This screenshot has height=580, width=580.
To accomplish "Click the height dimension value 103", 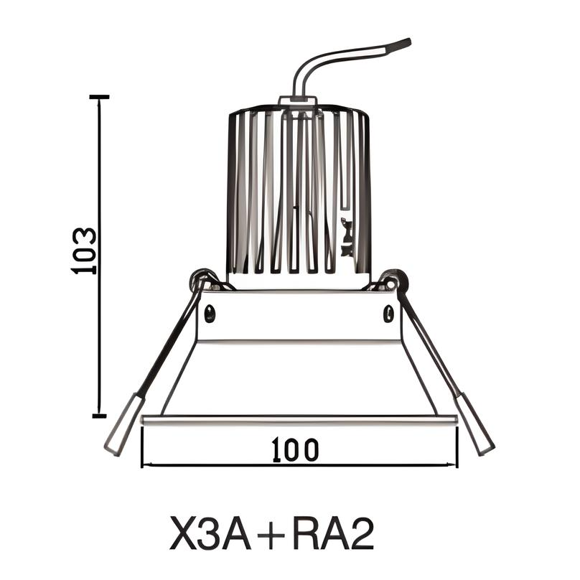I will point(84,251).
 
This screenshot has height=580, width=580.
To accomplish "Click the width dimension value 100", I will point(296,449).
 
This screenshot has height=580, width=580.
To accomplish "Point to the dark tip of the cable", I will point(399,45).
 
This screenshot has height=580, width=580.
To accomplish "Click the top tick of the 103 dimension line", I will point(99,96).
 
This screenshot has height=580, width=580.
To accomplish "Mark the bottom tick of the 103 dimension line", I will point(99,415).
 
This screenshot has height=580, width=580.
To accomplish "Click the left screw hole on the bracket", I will point(210,312).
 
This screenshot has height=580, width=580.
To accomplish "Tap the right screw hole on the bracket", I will point(388,312).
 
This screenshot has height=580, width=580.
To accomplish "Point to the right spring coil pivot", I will point(394,279).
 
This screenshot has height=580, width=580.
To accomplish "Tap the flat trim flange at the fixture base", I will point(299,420).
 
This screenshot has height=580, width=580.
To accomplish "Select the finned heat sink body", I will point(299,194).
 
